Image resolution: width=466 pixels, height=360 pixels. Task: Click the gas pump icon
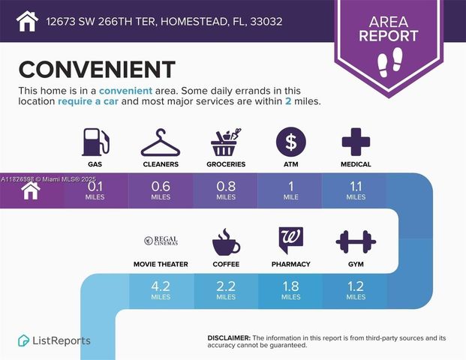pyautogui.click(x=96, y=141)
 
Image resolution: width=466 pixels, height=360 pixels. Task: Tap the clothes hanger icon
pyautogui.click(x=161, y=142)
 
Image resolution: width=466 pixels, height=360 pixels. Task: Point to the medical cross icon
pyautogui.click(x=354, y=141)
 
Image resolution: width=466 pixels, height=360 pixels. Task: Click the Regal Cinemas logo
pyautogui.click(x=161, y=241)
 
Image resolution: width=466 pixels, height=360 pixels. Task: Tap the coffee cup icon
pyautogui.click(x=225, y=241)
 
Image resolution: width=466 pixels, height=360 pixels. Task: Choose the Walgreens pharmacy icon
pyautogui.click(x=290, y=241)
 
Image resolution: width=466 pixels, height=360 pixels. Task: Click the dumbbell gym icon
pyautogui.click(x=356, y=241)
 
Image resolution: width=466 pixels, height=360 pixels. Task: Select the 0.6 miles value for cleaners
pyautogui.click(x=161, y=190)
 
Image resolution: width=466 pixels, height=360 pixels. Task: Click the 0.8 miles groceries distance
pyautogui.click(x=225, y=190)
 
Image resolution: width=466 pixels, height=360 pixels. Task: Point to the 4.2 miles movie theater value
pyautogui.click(x=161, y=290)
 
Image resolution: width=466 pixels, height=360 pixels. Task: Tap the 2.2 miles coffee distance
pyautogui.click(x=225, y=290)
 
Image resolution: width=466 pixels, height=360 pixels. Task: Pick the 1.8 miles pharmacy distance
pyautogui.click(x=290, y=290)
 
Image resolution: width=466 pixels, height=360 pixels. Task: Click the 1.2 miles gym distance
pyautogui.click(x=356, y=290)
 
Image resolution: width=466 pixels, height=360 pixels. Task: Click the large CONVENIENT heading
pyautogui.click(x=97, y=69)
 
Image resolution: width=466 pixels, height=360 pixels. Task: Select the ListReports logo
pyautogui.click(x=54, y=340)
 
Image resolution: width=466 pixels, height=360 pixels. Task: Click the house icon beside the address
pyautogui.click(x=26, y=20)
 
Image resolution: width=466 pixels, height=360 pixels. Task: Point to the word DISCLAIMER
pyautogui.click(x=228, y=338)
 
